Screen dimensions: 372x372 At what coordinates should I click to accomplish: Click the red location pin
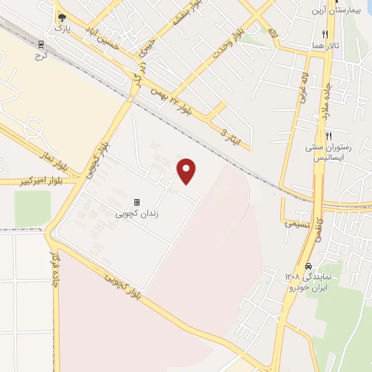[x=187, y=171]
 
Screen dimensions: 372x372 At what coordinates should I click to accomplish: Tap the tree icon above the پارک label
[x=61, y=17]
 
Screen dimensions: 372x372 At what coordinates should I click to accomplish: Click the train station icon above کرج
[x=40, y=44]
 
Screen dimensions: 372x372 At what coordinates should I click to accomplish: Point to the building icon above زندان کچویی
[x=136, y=203]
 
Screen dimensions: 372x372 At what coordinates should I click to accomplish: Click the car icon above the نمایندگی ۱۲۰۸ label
[x=310, y=266]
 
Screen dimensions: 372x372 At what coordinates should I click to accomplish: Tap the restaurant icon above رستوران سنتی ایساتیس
[x=328, y=136]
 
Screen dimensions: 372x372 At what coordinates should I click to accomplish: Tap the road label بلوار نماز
[x=53, y=158]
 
